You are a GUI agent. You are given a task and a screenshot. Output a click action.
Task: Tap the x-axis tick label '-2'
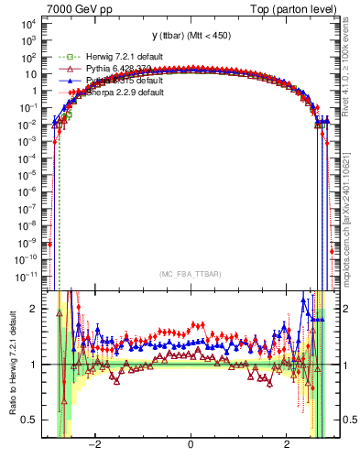pos(93,445)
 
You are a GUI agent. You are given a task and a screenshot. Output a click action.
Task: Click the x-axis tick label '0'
pos(191,445)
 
